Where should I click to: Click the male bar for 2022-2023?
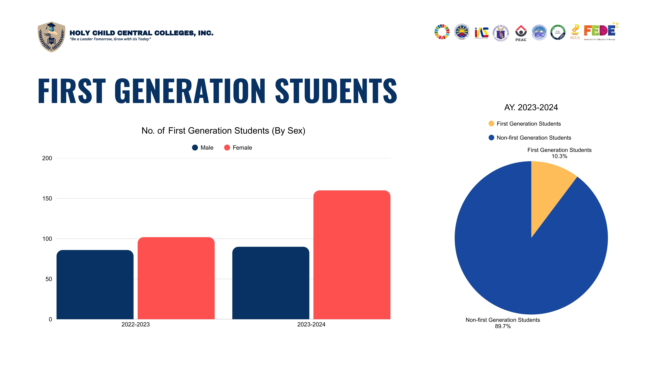[95, 284]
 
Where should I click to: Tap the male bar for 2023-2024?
[271, 283]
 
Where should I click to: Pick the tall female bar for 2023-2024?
[352, 255]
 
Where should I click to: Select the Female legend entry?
[238, 148]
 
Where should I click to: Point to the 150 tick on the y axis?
[47, 198]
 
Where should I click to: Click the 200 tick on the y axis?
[47, 158]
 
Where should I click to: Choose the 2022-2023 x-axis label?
[136, 324]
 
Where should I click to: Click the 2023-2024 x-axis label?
[311, 324]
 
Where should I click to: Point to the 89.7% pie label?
[503, 326]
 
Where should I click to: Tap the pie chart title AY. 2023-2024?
[531, 107]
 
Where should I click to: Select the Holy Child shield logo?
[51, 37]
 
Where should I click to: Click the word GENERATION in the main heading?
[190, 91]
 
